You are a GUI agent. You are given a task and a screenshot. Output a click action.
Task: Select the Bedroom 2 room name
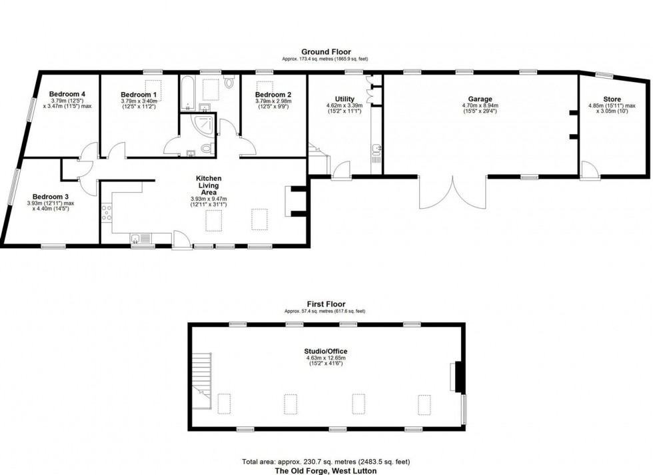(x=273, y=95)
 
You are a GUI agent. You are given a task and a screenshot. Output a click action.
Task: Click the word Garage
(x=480, y=99)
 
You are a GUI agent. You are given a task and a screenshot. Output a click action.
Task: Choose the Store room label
(x=612, y=99)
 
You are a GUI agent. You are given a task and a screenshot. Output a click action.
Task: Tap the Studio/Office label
(x=327, y=351)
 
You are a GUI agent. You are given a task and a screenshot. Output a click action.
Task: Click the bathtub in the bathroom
(x=188, y=95)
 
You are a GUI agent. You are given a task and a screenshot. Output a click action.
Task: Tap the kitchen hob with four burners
(x=107, y=213)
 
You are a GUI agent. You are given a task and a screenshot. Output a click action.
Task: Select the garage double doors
(x=452, y=193)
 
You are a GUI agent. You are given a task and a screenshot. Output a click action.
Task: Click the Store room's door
(x=588, y=170)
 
